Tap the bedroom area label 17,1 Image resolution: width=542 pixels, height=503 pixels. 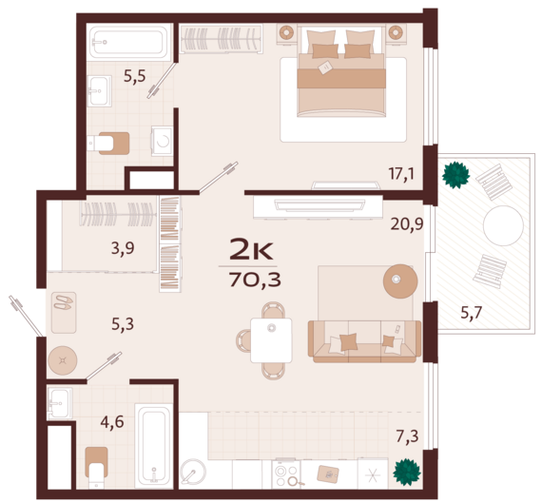pyautogui.click(x=402, y=174)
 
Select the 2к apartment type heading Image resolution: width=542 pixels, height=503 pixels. pyautogui.click(x=253, y=250)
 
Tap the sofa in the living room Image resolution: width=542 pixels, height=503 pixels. pyautogui.click(x=364, y=340)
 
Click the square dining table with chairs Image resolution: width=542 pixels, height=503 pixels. pyautogui.click(x=271, y=339)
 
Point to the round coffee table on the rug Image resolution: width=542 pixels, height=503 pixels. pyautogui.click(x=399, y=280)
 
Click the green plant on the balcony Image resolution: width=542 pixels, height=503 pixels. pyautogui.click(x=455, y=174)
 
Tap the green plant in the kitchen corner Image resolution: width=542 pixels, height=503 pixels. pyautogui.click(x=407, y=472)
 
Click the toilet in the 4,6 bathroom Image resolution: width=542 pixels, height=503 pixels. pyautogui.click(x=95, y=466)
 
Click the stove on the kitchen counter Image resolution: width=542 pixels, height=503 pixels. pyautogui.click(x=287, y=473)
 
